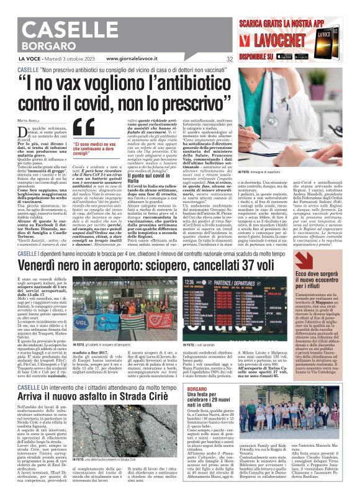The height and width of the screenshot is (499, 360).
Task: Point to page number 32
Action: (230, 59)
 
